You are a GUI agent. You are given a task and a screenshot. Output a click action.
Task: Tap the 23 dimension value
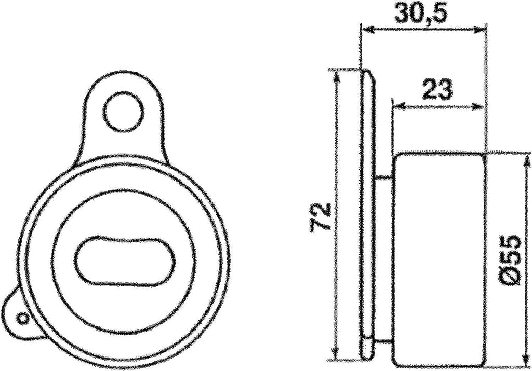coord(437,89)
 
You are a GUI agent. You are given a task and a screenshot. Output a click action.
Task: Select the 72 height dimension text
coord(321,216)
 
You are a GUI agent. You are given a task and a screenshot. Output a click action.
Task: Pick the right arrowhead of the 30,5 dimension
coord(480,30)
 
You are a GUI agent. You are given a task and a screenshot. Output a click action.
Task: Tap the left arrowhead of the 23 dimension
coord(399,106)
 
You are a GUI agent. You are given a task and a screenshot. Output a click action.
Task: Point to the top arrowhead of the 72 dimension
coord(337,75)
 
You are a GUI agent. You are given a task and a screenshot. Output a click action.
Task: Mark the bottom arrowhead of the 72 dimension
coord(337,354)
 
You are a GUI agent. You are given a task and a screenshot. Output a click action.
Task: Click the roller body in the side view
coord(439,259)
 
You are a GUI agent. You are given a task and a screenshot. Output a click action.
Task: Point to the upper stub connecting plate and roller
coord(383,178)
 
